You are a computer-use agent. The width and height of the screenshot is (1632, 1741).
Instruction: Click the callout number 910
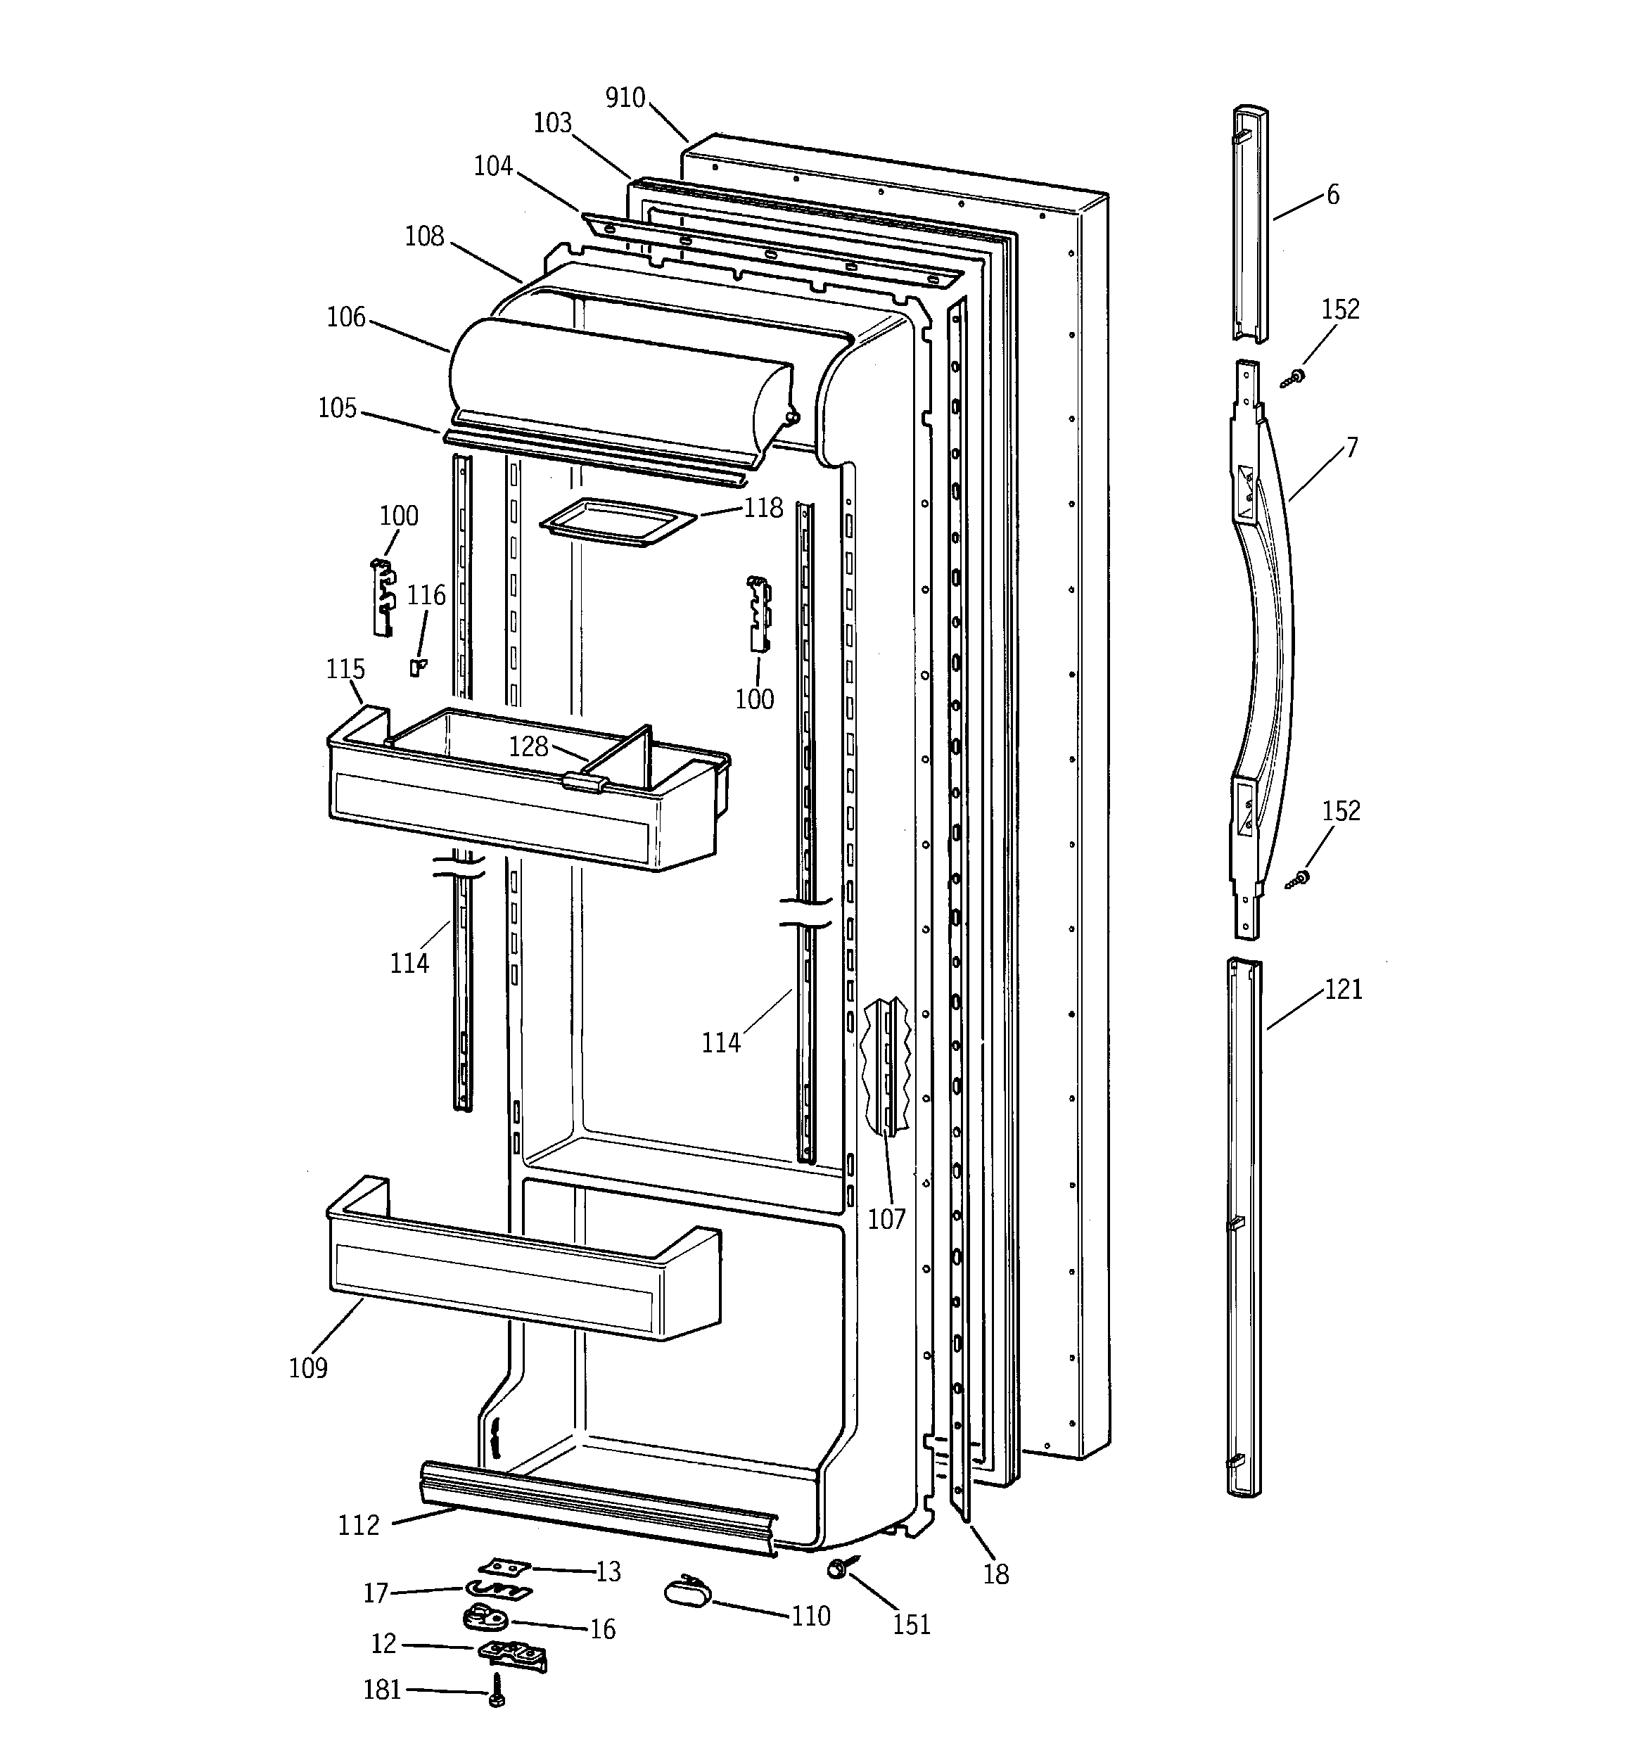click(625, 97)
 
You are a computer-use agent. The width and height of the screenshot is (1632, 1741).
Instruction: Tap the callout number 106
click(346, 317)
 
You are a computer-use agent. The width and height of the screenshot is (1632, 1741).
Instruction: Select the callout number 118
click(763, 507)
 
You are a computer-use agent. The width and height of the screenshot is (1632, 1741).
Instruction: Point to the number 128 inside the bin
click(528, 746)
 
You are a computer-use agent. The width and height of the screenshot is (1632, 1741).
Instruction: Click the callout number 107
click(886, 1219)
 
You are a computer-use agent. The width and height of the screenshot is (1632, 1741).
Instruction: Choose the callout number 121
click(1343, 990)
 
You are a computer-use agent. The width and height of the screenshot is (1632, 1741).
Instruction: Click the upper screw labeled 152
click(1294, 379)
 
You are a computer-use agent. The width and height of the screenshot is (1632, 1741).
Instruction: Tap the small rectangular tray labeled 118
click(618, 523)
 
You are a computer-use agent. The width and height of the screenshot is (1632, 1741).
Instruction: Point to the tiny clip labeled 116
click(418, 668)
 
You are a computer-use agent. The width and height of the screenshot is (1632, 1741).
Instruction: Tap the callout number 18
click(996, 1574)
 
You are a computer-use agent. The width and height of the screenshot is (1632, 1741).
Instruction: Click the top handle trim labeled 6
click(1250, 223)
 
